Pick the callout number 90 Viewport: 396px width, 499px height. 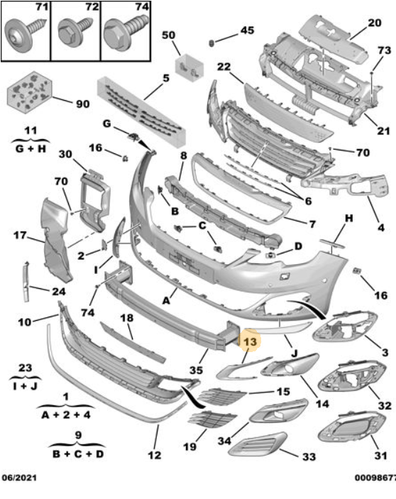(83, 104)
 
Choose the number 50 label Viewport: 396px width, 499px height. (168, 35)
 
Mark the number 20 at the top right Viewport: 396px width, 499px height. (375, 23)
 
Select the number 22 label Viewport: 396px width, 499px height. (224, 67)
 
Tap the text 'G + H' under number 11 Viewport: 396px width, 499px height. (30, 149)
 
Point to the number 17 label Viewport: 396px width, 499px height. (19, 235)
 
